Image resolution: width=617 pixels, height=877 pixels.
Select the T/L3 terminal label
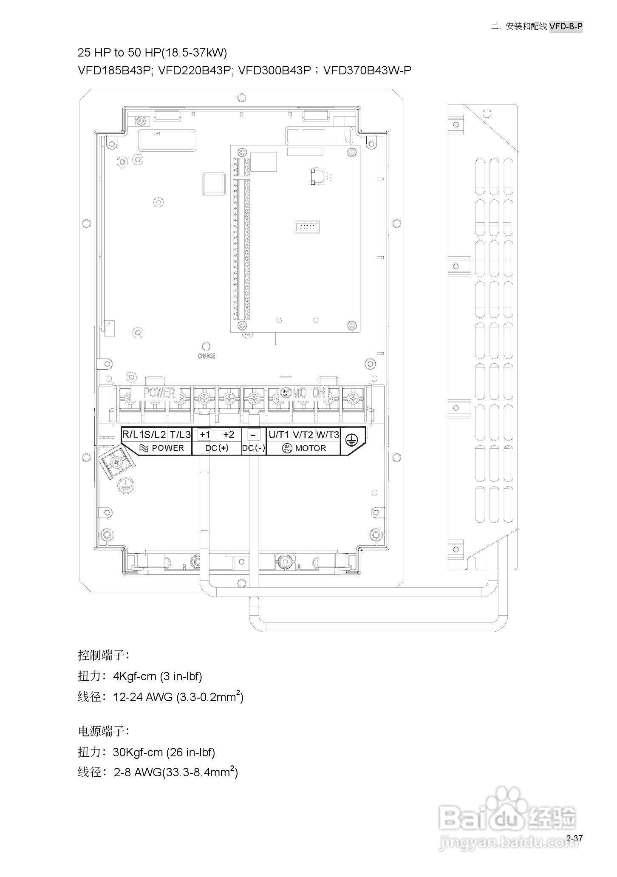[x=180, y=435]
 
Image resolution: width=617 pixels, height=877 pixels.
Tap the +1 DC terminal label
[x=205, y=434]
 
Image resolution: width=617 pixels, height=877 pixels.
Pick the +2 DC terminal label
[x=229, y=434]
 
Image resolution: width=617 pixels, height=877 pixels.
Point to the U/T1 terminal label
[x=279, y=435]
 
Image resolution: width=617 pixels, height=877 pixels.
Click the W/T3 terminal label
[x=328, y=435]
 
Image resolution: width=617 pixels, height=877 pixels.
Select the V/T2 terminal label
[x=303, y=435]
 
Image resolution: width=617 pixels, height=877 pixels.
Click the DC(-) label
[x=254, y=448]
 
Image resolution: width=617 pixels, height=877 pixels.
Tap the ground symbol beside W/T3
[x=351, y=440]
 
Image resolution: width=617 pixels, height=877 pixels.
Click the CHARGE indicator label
[x=207, y=356]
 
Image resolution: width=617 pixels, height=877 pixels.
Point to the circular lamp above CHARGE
[x=207, y=347]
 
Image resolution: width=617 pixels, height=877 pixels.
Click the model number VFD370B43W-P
[x=367, y=70]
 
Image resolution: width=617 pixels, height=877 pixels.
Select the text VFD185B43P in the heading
[x=115, y=70]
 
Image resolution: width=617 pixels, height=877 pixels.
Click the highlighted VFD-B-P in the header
[x=566, y=26]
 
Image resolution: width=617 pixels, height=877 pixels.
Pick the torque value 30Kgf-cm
[x=138, y=753]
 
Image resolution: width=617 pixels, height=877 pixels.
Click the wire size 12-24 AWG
[x=143, y=697]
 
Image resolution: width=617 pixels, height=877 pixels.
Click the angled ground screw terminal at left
[x=116, y=462]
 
